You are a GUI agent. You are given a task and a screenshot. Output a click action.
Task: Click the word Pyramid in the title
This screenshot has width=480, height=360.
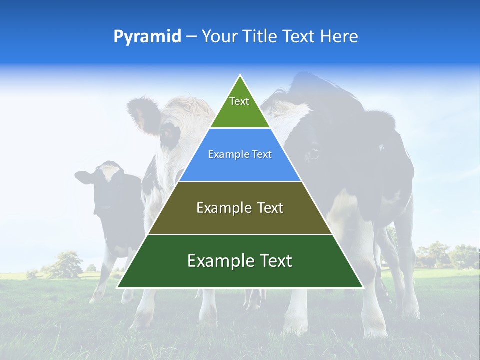point(147,37)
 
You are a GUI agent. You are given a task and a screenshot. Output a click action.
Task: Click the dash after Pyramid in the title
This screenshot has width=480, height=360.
point(191,37)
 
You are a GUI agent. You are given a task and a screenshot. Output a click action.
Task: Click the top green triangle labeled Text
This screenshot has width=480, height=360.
point(239,107)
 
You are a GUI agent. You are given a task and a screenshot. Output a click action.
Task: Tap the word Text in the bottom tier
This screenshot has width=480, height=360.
point(273,261)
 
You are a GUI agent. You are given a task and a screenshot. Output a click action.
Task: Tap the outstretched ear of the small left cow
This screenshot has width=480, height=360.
point(84,177)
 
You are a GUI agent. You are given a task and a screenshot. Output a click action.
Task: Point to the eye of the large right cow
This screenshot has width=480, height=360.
point(313,152)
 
